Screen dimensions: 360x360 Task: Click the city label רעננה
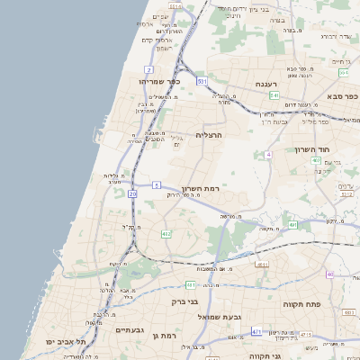(x=265, y=84)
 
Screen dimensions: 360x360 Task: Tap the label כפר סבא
(x=344, y=96)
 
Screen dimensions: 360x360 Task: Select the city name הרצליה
(x=233, y=134)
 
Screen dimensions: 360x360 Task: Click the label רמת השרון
(x=201, y=189)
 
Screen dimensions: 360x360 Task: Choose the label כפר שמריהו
(x=160, y=81)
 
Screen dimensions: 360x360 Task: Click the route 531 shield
(x=202, y=81)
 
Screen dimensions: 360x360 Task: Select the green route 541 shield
(x=274, y=94)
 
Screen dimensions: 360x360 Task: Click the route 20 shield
(x=132, y=193)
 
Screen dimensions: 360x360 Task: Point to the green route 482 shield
(x=166, y=234)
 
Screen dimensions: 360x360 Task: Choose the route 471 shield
(x=256, y=332)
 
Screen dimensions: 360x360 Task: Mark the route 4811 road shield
(x=262, y=265)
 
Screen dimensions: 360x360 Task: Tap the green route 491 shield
(x=293, y=224)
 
